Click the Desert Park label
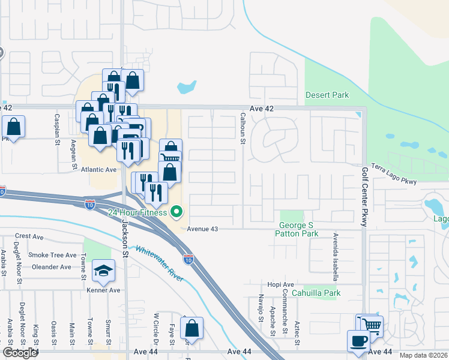pyautogui.click(x=327, y=95)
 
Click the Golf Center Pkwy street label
pyautogui.click(x=364, y=197)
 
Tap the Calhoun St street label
pyautogui.click(x=243, y=128)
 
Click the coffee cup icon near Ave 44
pyautogui.click(x=359, y=341)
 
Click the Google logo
pyautogui.click(x=19, y=353)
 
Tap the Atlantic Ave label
pyautogui.click(x=98, y=170)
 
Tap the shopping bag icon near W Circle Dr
pyautogui.click(x=191, y=328)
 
